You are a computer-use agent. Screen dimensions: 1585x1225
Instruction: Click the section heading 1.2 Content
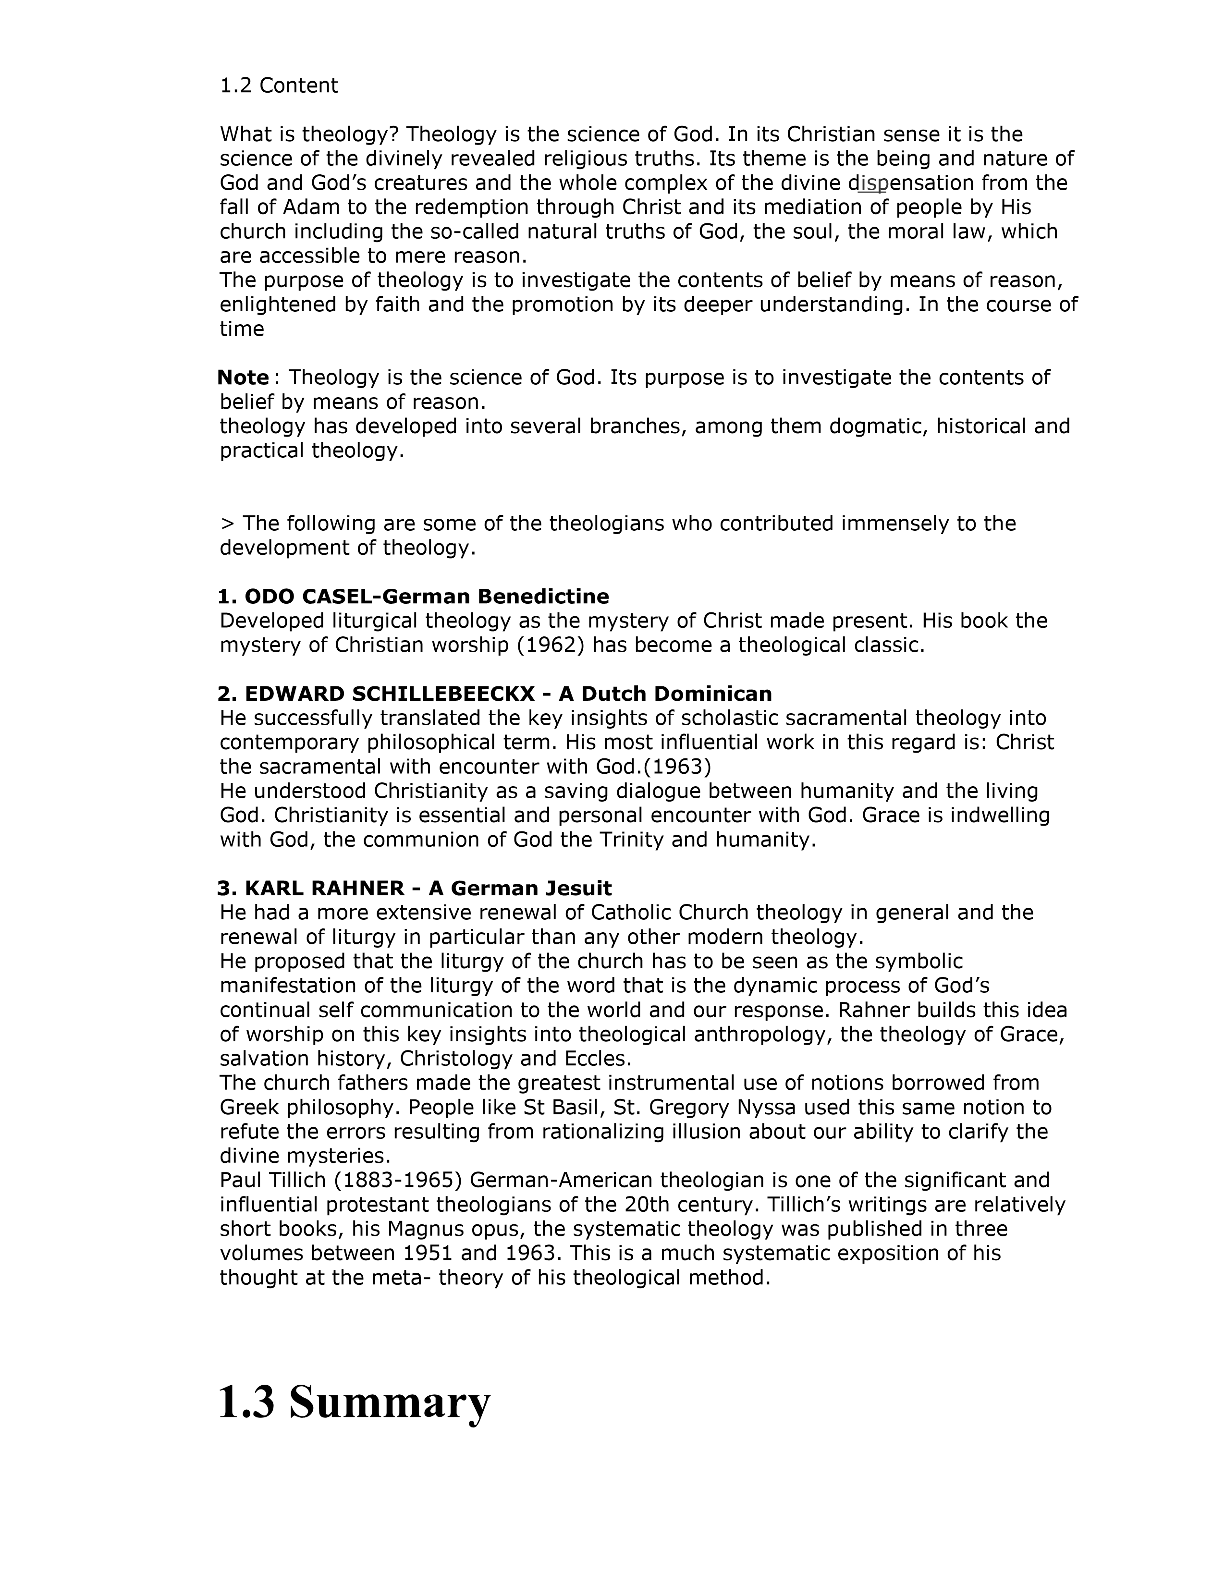tap(279, 85)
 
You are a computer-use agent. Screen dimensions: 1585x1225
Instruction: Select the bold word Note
tap(243, 378)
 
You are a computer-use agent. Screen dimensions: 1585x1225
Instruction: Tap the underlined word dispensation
tap(910, 183)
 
